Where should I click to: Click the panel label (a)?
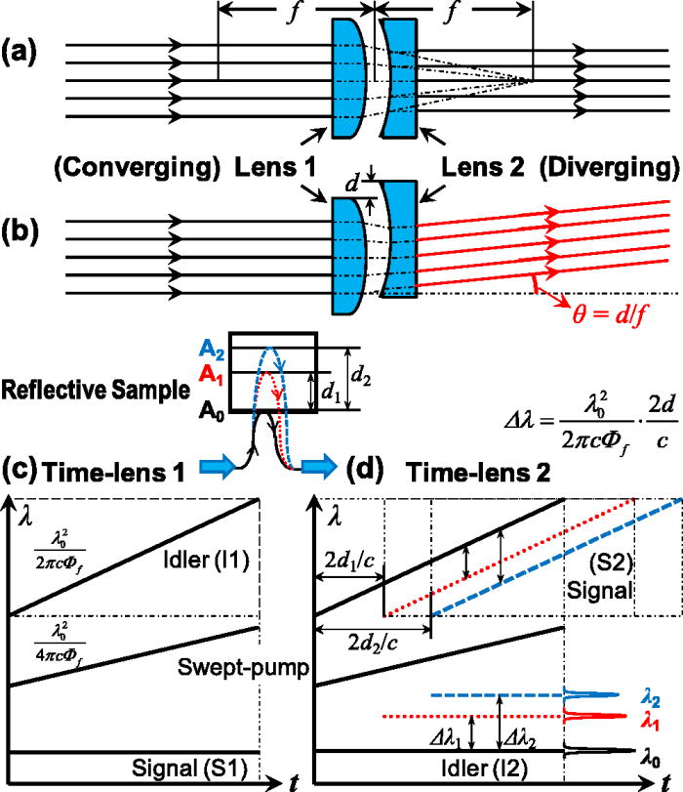click(x=21, y=48)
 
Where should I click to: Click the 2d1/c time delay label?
click(x=345, y=563)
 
